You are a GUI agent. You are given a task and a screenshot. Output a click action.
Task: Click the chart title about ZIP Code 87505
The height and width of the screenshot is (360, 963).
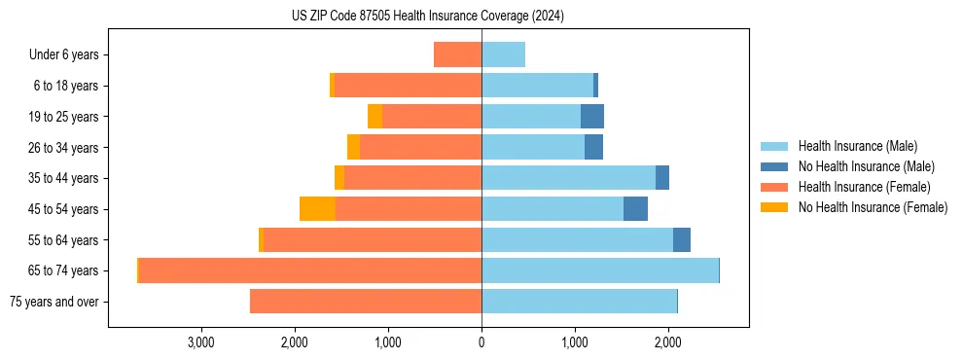tap(427, 17)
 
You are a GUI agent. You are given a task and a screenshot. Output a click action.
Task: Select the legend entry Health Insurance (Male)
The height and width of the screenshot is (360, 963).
tap(857, 146)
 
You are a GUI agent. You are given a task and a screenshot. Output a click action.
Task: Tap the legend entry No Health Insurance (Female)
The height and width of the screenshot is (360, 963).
tap(873, 207)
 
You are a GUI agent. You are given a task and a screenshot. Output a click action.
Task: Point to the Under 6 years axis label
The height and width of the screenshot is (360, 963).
tap(64, 54)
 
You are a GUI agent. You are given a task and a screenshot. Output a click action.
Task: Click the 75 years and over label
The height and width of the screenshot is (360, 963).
tap(53, 302)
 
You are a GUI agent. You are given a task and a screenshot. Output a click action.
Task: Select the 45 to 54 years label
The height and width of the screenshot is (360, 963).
tap(63, 209)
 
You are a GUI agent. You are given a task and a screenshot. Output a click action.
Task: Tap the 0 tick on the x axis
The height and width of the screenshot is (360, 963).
tap(481, 342)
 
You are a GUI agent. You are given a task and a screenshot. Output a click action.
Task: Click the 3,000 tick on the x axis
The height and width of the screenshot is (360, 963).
tap(200, 342)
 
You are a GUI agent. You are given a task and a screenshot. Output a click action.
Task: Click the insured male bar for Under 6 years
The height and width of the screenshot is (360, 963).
tap(503, 54)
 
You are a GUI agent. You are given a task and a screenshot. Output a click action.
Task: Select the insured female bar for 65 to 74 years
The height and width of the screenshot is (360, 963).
tap(310, 270)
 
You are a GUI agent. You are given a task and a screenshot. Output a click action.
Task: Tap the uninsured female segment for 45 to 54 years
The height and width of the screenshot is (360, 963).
tap(317, 209)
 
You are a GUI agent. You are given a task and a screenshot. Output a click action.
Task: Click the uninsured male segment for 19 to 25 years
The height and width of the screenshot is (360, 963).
tap(592, 117)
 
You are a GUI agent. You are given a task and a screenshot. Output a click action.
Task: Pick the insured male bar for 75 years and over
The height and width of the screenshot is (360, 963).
tap(579, 302)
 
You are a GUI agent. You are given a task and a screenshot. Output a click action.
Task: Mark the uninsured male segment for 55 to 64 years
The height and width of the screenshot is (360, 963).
tap(682, 240)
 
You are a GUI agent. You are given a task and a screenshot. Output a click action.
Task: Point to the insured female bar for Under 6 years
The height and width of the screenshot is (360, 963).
tap(457, 54)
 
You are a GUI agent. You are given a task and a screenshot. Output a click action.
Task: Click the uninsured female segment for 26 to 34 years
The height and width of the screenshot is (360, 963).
tap(353, 147)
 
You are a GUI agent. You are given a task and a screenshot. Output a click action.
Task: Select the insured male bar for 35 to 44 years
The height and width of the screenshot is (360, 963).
tap(568, 178)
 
